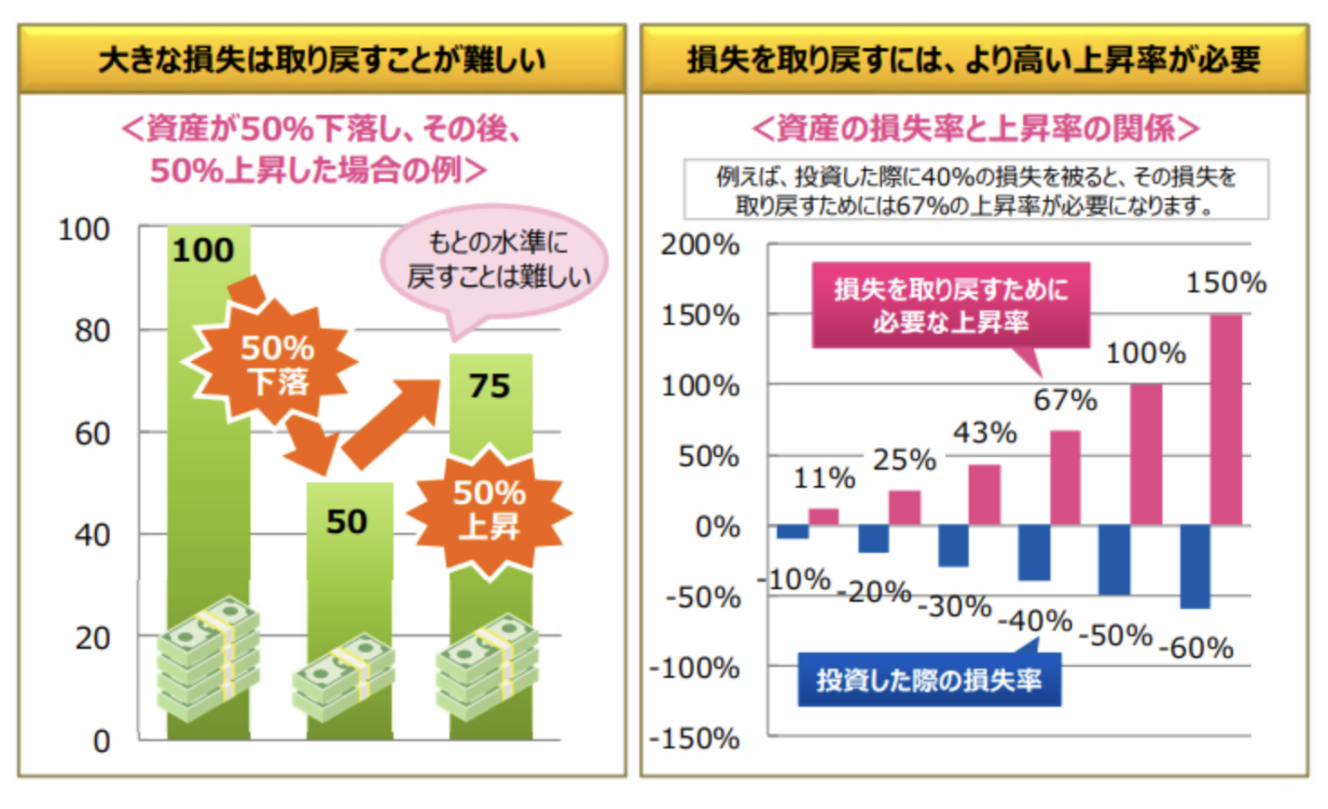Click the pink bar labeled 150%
point(1226,420)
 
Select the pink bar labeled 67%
point(1065,478)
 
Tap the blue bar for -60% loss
point(1195,566)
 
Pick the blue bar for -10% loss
point(792,532)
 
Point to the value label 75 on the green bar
point(489,386)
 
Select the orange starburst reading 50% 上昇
point(489,509)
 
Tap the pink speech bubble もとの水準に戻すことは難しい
point(497,262)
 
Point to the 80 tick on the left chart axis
point(92,331)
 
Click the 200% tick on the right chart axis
point(700,244)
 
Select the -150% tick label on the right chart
point(695,738)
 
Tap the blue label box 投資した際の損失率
point(929,680)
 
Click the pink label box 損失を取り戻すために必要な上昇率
point(950,306)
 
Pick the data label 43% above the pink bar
point(984,433)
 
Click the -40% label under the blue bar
point(1035,621)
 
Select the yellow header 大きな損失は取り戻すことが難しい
point(321,60)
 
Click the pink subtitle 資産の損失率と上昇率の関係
point(974,128)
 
